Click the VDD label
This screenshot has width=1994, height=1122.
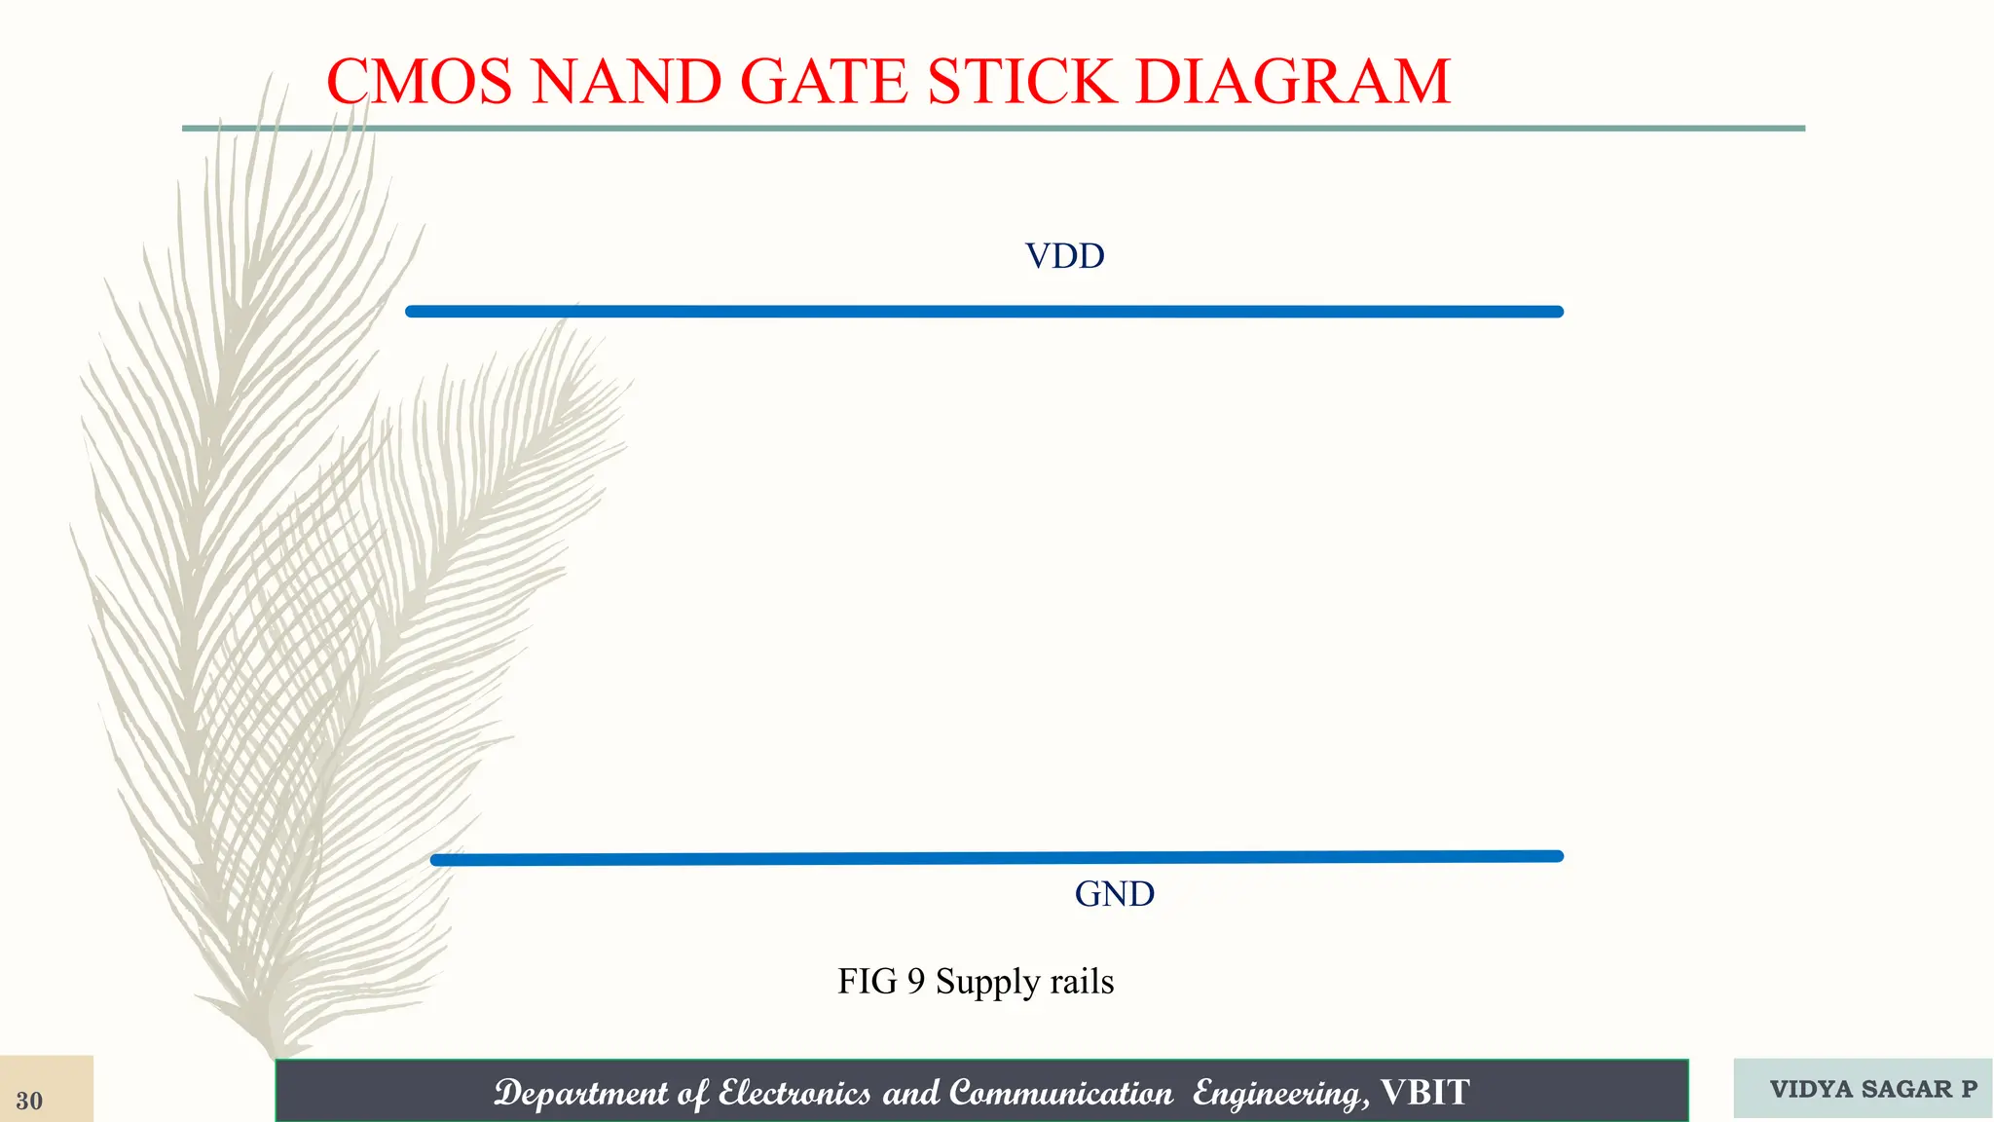click(x=1064, y=256)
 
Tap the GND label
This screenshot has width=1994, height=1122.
click(x=1114, y=894)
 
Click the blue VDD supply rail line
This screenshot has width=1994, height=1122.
click(x=983, y=312)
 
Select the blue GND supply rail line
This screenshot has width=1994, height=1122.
click(x=996, y=858)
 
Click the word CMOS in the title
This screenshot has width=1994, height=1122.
click(x=419, y=81)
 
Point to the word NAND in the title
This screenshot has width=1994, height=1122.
click(x=626, y=81)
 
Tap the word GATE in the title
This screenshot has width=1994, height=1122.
click(x=824, y=81)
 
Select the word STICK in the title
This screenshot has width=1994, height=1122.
click(x=1021, y=81)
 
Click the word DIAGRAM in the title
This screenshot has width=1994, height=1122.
click(x=1293, y=81)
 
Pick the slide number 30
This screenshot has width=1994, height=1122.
click(x=29, y=1101)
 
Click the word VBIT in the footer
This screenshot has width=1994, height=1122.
click(x=1424, y=1093)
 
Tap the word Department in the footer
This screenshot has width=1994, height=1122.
click(x=580, y=1094)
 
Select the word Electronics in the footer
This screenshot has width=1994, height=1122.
click(x=794, y=1094)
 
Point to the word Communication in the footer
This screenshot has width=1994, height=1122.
click(x=1061, y=1094)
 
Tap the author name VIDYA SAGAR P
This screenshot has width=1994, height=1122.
click(x=1872, y=1089)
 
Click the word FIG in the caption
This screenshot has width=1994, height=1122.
click(x=867, y=982)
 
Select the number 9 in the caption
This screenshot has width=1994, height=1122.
click(x=915, y=982)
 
